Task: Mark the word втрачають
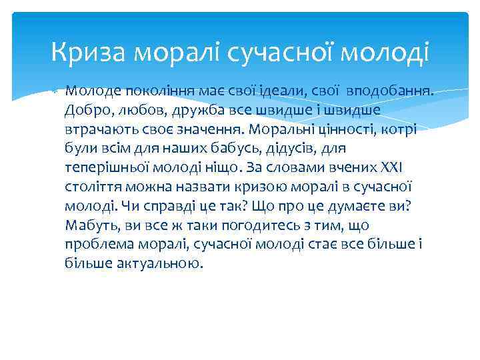point(99,129)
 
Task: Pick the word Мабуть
point(89,225)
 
